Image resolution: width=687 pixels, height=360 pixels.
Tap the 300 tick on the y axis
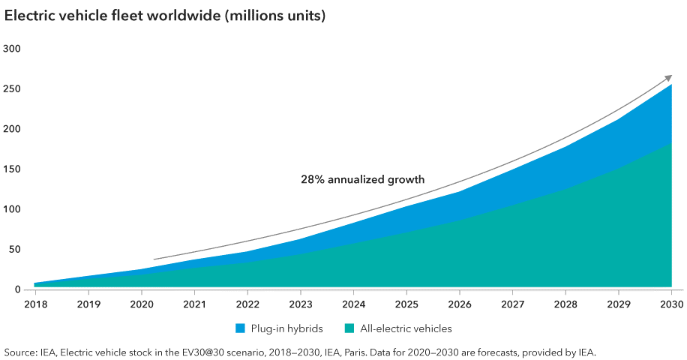[x=12, y=49]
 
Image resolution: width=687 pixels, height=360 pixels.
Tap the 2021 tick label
[x=194, y=304]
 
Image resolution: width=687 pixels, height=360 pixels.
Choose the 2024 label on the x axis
[x=353, y=304]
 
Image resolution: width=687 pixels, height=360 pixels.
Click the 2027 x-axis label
[x=513, y=304]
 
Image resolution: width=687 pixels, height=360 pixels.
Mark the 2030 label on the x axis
[x=671, y=304]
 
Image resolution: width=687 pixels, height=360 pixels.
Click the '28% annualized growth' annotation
[x=363, y=180]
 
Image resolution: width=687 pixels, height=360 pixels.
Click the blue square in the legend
[x=240, y=328]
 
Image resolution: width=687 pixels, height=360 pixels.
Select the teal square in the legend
[x=349, y=328]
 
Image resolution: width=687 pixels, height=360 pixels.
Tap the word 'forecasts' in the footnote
[x=511, y=352]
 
